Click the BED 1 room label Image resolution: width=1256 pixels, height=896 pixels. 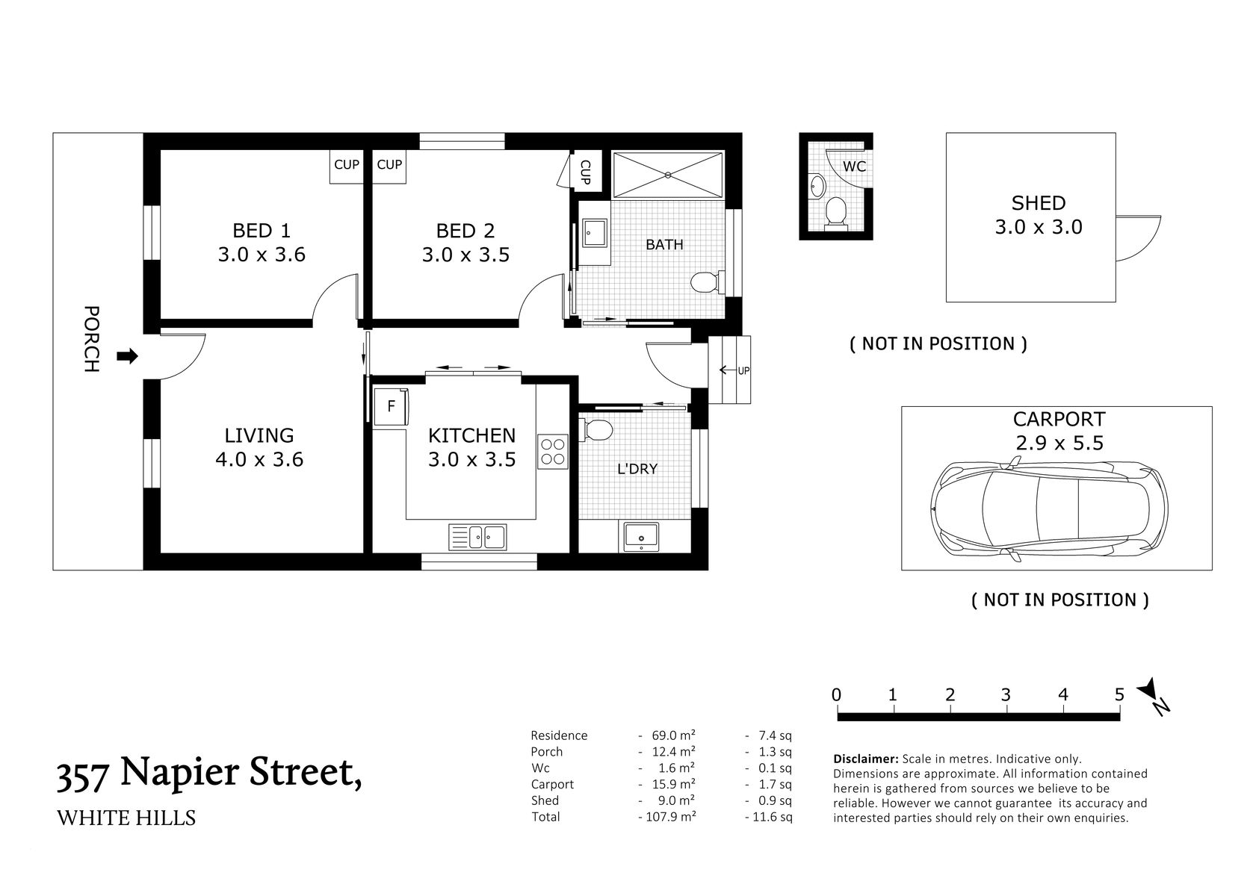pos(261,230)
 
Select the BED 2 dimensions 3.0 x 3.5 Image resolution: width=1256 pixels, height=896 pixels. pos(465,255)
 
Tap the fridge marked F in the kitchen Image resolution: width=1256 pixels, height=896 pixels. pos(391,407)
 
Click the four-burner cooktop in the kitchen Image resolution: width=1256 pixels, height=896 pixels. pos(554,452)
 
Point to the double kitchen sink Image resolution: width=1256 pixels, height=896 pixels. pos(477,537)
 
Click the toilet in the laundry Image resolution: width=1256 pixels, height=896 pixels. pos(597,429)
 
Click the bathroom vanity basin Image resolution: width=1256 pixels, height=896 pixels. pos(595,232)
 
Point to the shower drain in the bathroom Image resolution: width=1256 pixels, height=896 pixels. pos(667,175)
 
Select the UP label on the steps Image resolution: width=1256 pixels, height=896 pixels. pos(743,370)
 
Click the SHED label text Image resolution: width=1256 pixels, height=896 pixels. pos(1038,202)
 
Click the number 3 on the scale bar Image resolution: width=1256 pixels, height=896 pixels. pos(1006,695)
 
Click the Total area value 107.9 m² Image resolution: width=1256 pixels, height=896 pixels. pos(669,817)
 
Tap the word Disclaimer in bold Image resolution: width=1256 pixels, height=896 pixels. pos(865,759)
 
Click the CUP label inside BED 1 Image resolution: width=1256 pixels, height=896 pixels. pos(346,164)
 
